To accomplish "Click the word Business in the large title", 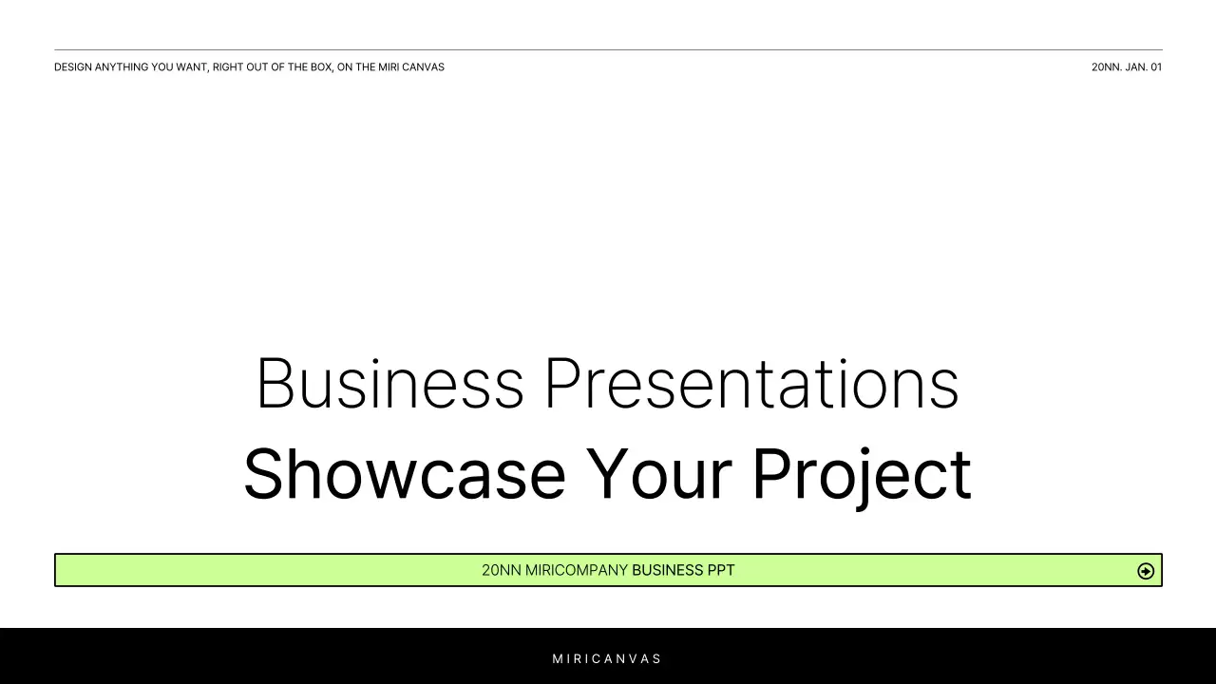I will (x=389, y=384).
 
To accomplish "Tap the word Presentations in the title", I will (x=750, y=384).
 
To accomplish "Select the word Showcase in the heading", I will (x=405, y=474).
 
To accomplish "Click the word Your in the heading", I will (x=657, y=474).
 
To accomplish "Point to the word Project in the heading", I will (x=861, y=474).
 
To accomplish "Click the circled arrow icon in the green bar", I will (x=1146, y=571).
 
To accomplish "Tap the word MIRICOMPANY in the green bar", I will (x=577, y=571).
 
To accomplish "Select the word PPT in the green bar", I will (x=721, y=571).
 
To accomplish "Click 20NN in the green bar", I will (x=501, y=571).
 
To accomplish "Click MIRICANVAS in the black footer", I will (x=608, y=658).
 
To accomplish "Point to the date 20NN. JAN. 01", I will (x=1127, y=67).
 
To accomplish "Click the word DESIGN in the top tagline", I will (x=72, y=67).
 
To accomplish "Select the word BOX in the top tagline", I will (x=321, y=67).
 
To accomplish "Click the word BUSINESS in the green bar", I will (x=667, y=571).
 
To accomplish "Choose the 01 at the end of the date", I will (x=1156, y=67).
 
